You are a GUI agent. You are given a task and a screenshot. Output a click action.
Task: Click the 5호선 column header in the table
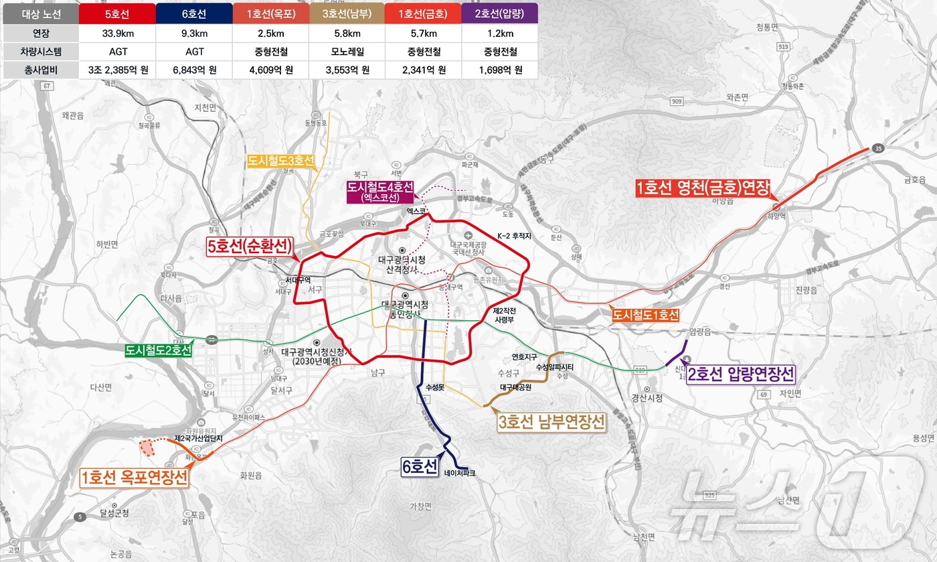pos(117,13)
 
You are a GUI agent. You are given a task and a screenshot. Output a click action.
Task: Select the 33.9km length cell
pos(117,32)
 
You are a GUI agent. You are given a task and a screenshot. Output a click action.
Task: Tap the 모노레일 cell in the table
pos(347,51)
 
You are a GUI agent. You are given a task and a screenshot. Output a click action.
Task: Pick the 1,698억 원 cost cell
pos(499,70)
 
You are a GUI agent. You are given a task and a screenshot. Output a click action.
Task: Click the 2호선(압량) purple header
pos(499,13)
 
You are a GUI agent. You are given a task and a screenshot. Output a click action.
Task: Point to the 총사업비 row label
pos(40,70)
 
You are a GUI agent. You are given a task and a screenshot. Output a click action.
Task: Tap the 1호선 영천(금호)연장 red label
pos(703,189)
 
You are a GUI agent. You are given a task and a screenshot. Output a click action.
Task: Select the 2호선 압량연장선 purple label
pos(742,374)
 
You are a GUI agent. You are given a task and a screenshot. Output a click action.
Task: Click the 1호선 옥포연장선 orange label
pos(134,478)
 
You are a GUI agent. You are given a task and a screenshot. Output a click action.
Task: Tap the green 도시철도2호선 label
pos(159,350)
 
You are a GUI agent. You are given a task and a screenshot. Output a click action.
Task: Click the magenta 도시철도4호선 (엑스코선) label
pos(379,192)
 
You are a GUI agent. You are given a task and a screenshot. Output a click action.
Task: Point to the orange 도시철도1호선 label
pos(645,315)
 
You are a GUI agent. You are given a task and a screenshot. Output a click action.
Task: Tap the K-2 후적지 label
pos(514,236)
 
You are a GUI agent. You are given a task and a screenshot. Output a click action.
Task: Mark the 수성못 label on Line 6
pos(435,388)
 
